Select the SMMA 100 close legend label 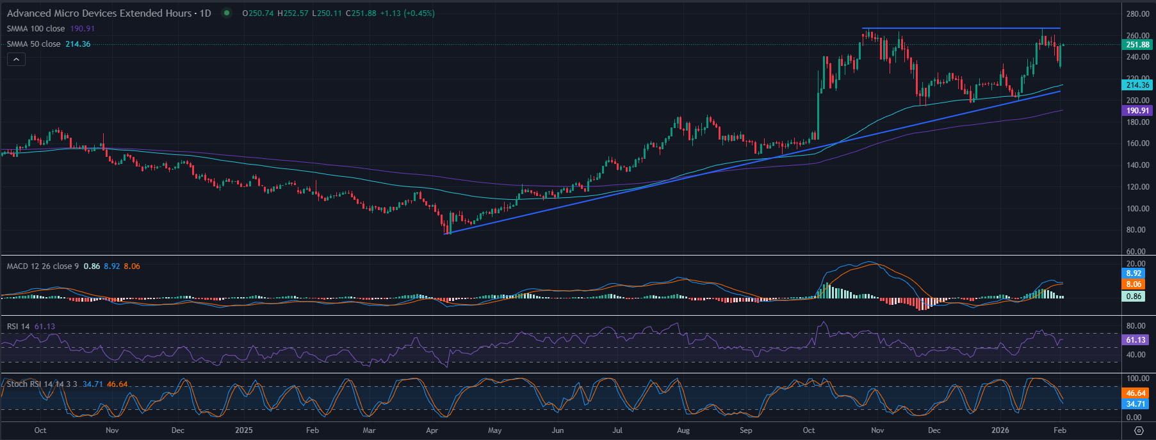click(36, 29)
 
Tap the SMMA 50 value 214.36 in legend click(78, 44)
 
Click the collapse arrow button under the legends click(16, 60)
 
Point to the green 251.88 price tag click(1137, 45)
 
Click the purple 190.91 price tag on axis click(1137, 111)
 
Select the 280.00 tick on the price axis click(1137, 14)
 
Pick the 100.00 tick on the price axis click(1137, 209)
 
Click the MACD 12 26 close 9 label click(43, 266)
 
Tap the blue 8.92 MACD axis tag click(1134, 273)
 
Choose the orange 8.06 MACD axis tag click(1134, 284)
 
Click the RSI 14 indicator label click(18, 327)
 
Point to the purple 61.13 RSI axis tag click(1136, 340)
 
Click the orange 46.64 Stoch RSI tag click(1136, 393)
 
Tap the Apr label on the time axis click(432, 430)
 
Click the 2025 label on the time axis click(244, 430)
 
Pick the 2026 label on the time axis click(1000, 430)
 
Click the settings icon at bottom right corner click(1138, 430)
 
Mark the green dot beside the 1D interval click(226, 13)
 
